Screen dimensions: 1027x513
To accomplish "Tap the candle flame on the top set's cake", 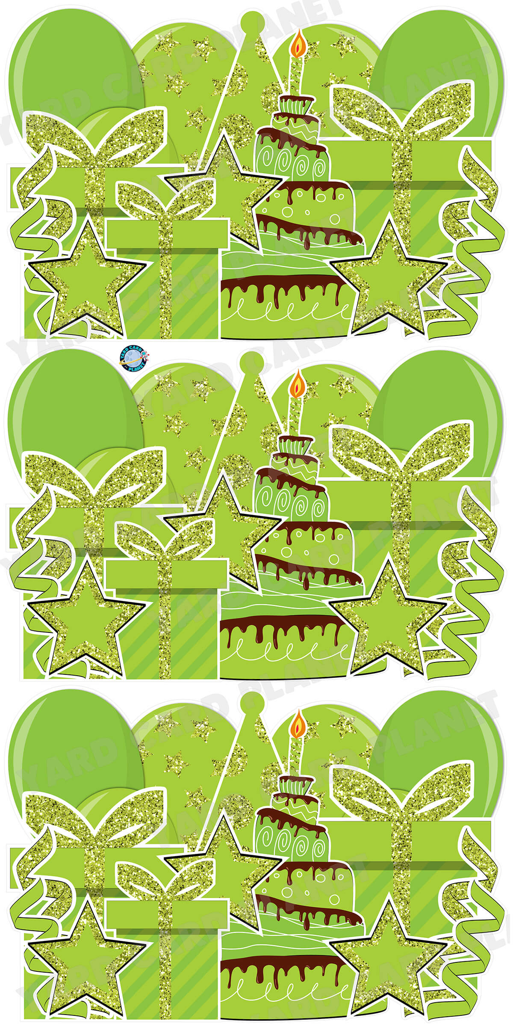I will pyautogui.click(x=299, y=43).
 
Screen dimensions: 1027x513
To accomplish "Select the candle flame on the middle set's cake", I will pyautogui.click(x=299, y=383).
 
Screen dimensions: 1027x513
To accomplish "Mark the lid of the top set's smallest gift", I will pyautogui.click(x=167, y=234).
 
